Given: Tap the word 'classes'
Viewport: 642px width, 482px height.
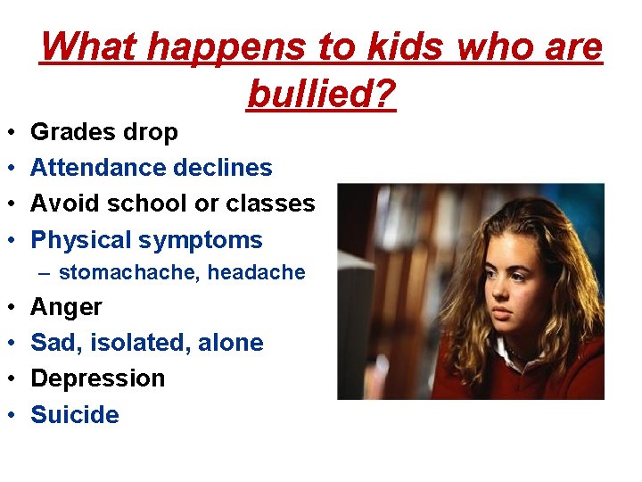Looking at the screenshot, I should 270,204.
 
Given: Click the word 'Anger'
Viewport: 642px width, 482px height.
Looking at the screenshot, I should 66,307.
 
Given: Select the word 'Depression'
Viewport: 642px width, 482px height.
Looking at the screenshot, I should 98,378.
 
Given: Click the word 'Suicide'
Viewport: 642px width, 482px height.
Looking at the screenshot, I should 75,415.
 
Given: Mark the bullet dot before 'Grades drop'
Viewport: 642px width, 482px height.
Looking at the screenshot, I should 10,133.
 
